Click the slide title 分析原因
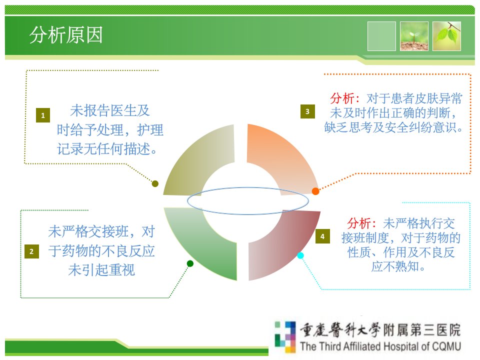point(66,34)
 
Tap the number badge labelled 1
point(43,115)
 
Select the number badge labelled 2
point(31,251)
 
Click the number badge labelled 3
point(307,111)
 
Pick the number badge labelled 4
point(322,236)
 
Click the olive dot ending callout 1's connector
point(155,183)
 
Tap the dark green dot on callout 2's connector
point(190,263)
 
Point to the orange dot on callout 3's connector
point(315,191)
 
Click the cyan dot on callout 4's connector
point(300,255)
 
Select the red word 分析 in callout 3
point(342,98)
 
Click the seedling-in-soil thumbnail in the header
point(414,36)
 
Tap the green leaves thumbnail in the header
point(446,36)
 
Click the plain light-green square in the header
point(381,36)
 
